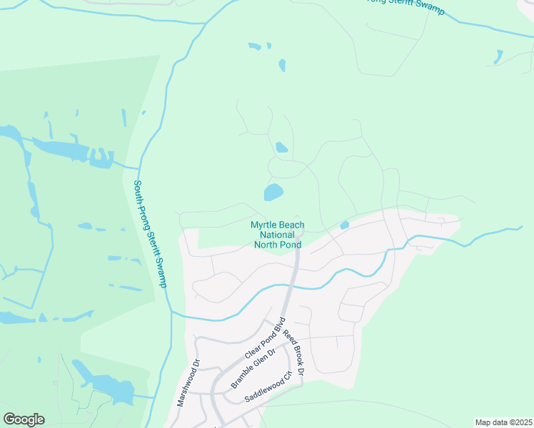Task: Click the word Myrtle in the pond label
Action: (x=264, y=225)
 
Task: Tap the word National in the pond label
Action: (x=278, y=235)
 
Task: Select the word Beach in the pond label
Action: (x=292, y=225)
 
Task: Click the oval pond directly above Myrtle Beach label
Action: (x=273, y=192)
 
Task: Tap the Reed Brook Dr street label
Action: (x=294, y=353)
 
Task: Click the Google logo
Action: (x=24, y=419)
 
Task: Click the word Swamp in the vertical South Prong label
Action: (x=161, y=272)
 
